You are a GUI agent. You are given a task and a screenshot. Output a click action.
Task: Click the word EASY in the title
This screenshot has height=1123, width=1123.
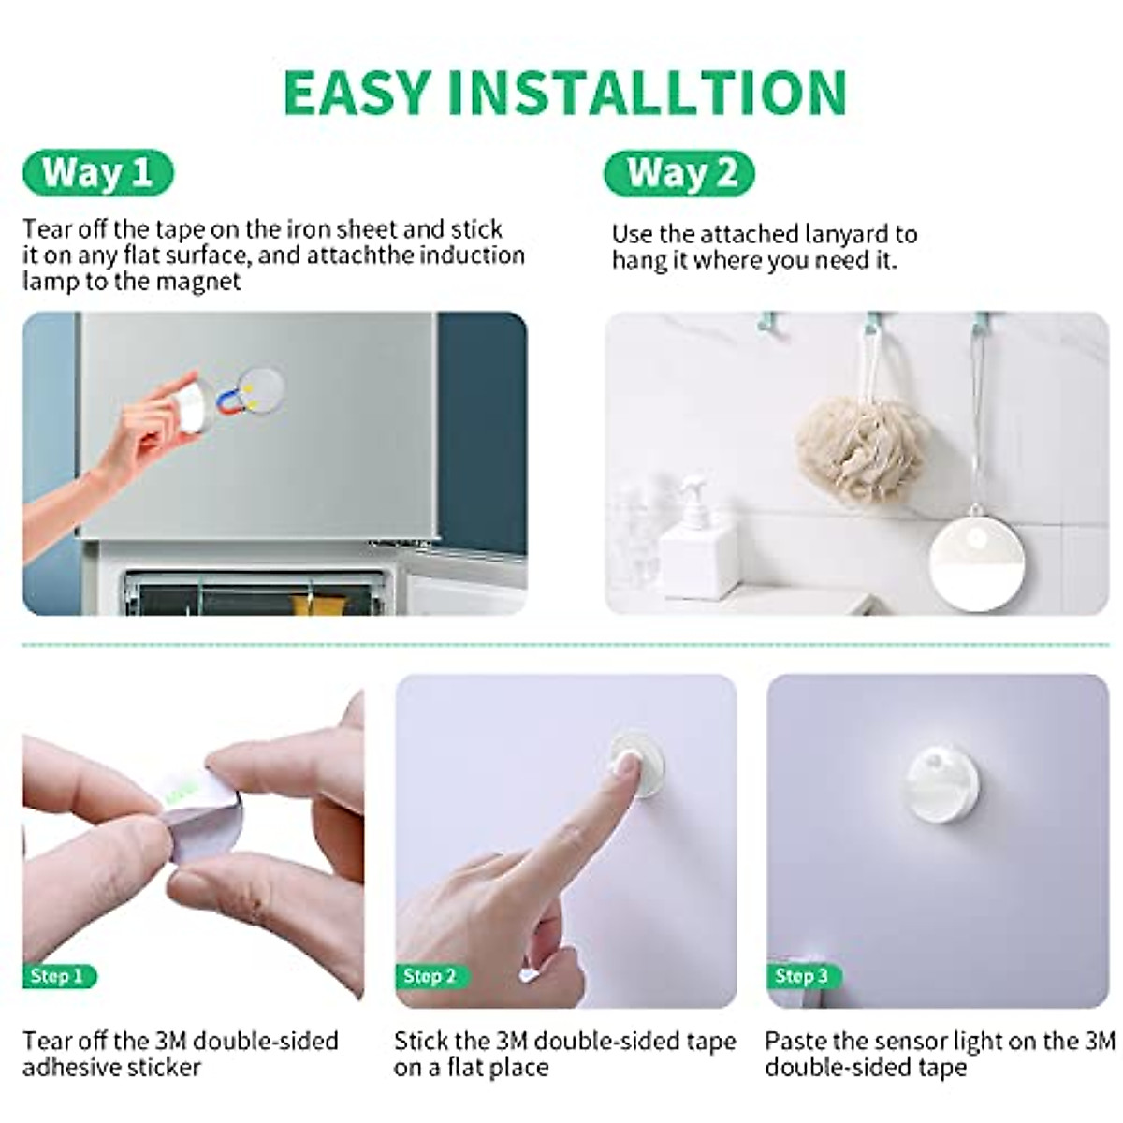pyautogui.click(x=357, y=93)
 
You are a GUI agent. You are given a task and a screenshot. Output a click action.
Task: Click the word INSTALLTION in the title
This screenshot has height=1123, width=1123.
pyautogui.click(x=647, y=93)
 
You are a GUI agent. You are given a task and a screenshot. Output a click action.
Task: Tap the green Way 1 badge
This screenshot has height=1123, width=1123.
pyautogui.click(x=97, y=173)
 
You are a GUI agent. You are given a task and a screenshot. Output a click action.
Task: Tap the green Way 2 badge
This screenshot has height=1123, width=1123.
pyautogui.click(x=679, y=173)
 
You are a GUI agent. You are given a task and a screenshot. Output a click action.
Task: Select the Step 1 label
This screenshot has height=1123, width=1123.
pyautogui.click(x=58, y=976)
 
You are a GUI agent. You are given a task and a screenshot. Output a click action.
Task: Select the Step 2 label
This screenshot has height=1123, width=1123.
pyautogui.click(x=430, y=976)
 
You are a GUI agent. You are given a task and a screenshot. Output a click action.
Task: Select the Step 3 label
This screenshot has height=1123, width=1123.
pyautogui.click(x=803, y=976)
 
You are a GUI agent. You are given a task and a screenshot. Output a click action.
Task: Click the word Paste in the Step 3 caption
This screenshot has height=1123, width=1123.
pyautogui.click(x=795, y=1042)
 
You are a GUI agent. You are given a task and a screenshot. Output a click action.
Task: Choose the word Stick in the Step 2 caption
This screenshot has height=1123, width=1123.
pyautogui.click(x=421, y=1042)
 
